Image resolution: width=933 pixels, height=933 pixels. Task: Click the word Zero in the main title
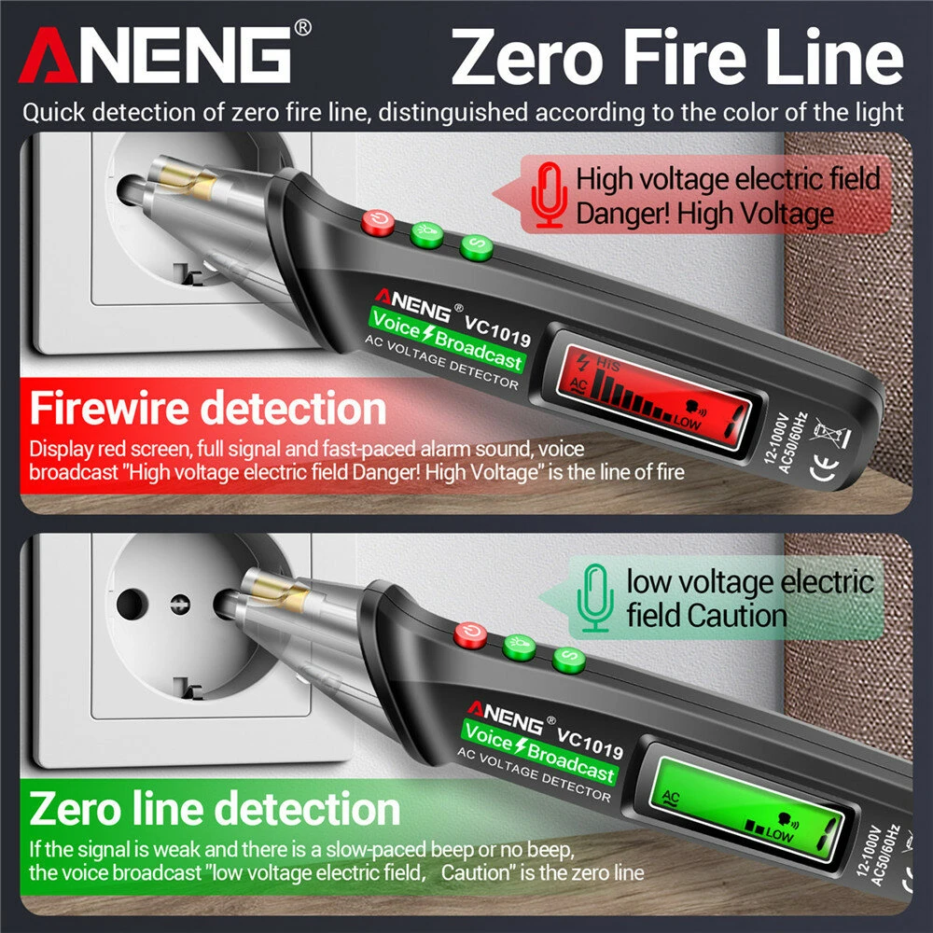[x=531, y=58]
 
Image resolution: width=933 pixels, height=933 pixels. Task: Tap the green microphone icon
[x=594, y=599]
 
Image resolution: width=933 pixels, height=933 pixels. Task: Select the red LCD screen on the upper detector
[x=653, y=385]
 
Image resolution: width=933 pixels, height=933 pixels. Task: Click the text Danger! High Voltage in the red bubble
[x=704, y=214]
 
